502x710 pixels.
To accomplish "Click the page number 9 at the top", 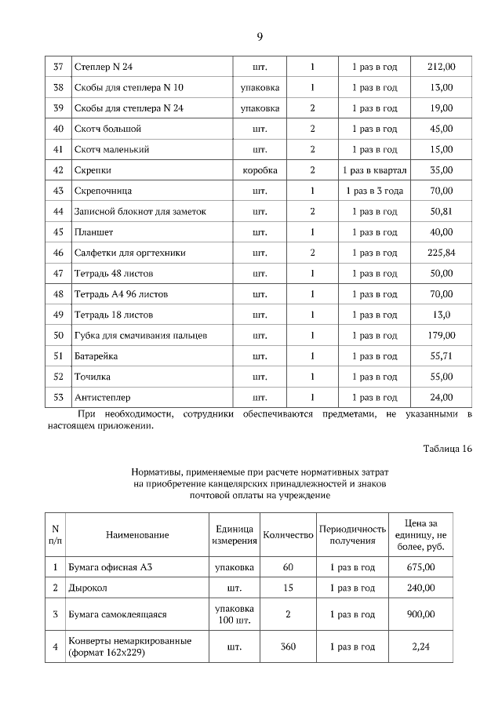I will click(259, 37).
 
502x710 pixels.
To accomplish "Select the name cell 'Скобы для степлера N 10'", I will click(129, 87).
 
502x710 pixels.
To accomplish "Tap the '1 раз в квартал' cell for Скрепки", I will click(374, 170).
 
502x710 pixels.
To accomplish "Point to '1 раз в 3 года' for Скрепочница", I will click(374, 191).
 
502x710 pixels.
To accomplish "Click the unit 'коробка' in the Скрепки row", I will click(260, 170).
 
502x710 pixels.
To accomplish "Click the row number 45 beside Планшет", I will click(57, 232).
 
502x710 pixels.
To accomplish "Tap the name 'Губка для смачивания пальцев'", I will click(140, 336).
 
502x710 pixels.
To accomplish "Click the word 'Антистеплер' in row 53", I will click(103, 398).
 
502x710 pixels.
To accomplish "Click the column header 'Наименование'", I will click(137, 535).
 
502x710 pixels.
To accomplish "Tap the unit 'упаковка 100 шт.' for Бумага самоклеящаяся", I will click(234, 614).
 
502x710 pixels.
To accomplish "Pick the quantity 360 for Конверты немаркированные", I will click(287, 647).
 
